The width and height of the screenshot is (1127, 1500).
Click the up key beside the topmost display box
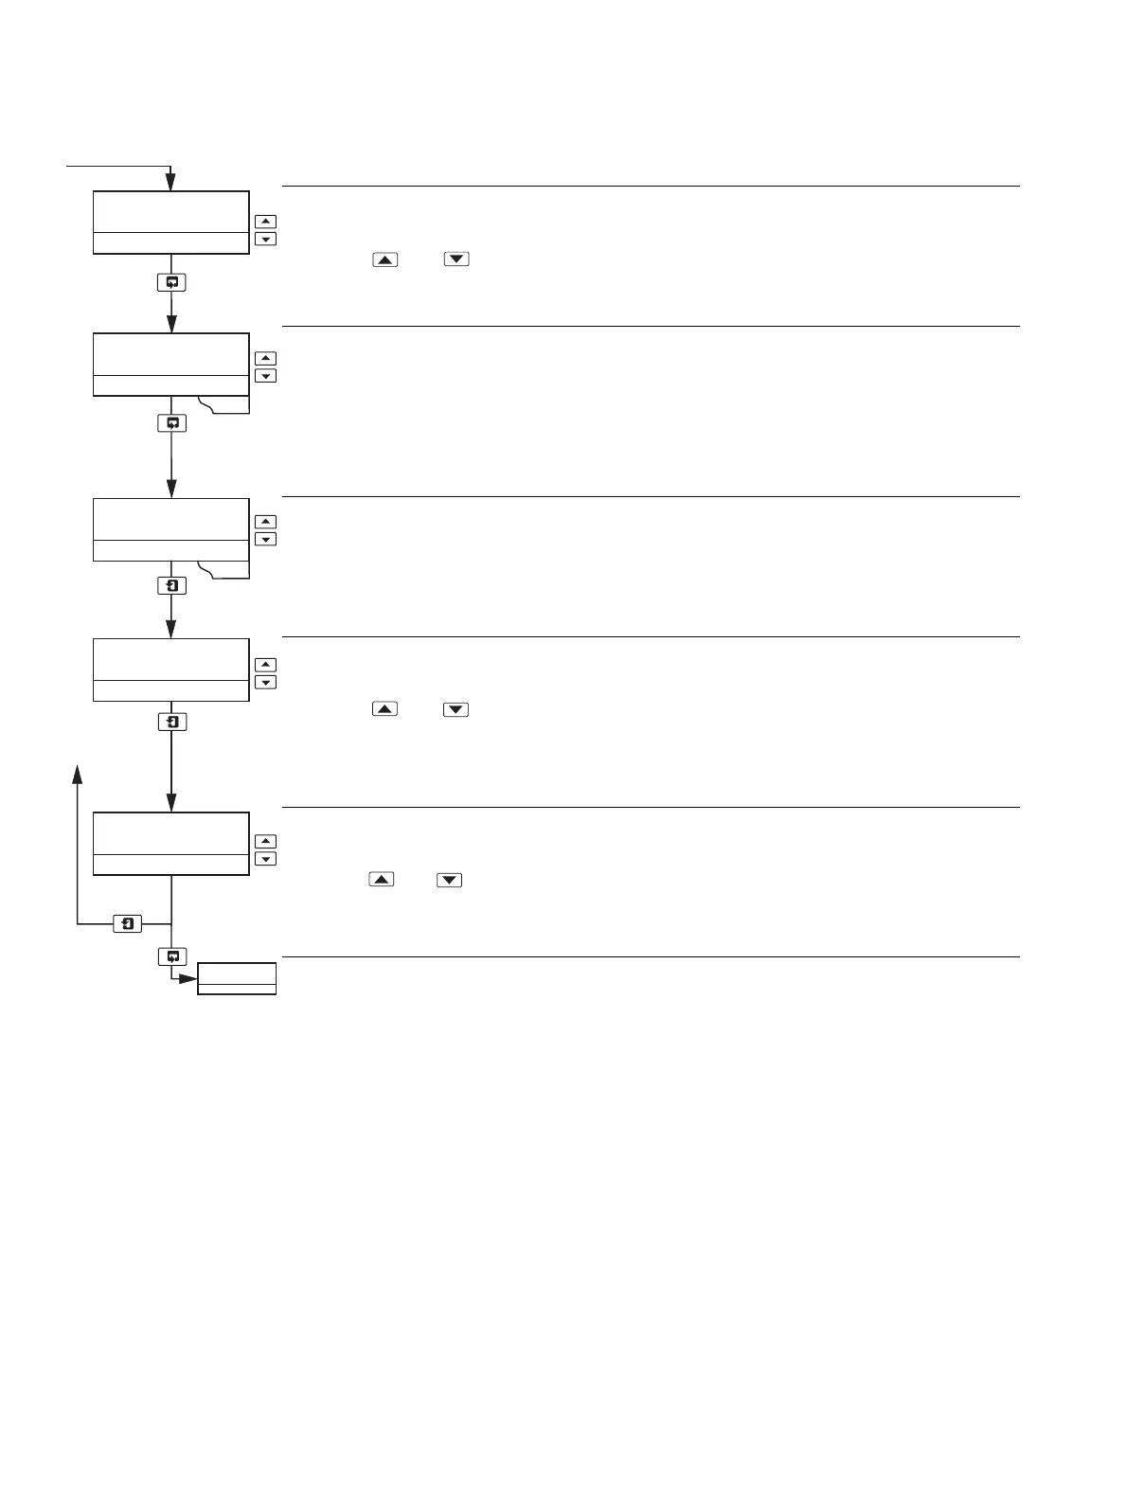266,222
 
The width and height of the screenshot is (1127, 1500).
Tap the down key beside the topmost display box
266,239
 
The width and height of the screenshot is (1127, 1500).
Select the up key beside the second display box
266,358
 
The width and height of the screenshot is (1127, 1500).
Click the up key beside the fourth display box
266,665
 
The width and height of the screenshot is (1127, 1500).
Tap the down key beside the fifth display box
266,859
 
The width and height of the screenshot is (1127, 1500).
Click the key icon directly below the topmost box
171,282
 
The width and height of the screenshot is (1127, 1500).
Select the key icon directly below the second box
171,423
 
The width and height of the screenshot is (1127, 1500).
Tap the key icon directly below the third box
171,586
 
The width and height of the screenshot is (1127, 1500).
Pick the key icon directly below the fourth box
171,723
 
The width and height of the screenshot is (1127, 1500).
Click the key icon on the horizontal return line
128,923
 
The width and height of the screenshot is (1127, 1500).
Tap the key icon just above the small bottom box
171,957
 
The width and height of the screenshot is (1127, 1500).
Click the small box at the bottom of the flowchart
237,978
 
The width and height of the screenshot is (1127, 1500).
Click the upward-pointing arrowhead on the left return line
78,775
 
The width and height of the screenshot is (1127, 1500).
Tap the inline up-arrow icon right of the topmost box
385,259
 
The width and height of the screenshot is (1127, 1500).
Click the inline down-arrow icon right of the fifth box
450,881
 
